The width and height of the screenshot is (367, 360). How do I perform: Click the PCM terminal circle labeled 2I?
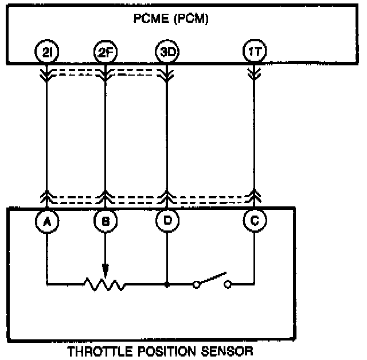coord(46,53)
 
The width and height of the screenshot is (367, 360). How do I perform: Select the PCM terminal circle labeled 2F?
coord(105,53)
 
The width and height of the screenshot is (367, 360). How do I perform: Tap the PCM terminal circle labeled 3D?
coord(166,53)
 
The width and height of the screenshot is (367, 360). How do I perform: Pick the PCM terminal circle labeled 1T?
coord(253,53)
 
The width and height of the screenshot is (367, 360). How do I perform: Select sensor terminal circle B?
coord(105,220)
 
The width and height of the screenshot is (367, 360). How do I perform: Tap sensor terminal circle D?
coord(166,220)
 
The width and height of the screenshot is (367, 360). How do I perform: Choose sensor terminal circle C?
coord(253,220)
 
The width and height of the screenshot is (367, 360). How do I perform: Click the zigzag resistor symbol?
coord(104,283)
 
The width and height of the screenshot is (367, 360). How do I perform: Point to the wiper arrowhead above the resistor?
coord(105,270)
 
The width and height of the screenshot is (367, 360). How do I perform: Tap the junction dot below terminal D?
coord(166,283)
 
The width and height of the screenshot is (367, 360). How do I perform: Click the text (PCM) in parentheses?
coord(192,19)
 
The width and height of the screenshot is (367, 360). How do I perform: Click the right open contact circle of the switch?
coord(228,283)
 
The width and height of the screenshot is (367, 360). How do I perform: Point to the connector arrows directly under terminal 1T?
coord(253,73)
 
